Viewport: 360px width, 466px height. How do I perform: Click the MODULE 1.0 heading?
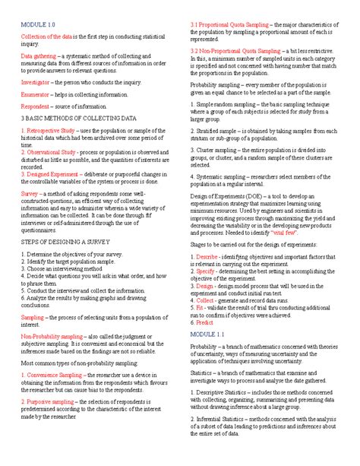click(35, 25)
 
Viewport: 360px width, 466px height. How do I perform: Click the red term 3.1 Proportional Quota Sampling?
click(235, 25)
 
